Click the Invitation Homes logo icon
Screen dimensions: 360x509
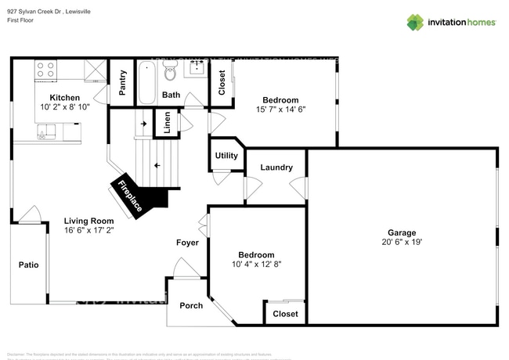click(x=414, y=23)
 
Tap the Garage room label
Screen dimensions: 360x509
click(x=402, y=232)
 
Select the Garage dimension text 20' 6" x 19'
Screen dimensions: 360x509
click(x=402, y=243)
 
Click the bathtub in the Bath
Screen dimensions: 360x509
click(x=146, y=82)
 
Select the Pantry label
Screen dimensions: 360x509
click(x=122, y=83)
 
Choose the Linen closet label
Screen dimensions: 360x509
click(x=166, y=122)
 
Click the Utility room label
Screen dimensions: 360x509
click(x=226, y=156)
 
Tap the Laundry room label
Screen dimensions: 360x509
click(x=276, y=167)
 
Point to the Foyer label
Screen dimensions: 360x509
click(x=187, y=243)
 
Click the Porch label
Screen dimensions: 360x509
click(x=191, y=305)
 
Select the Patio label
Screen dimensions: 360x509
click(x=28, y=265)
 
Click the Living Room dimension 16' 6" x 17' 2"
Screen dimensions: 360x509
click(x=88, y=232)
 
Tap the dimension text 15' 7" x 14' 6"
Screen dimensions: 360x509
click(x=280, y=110)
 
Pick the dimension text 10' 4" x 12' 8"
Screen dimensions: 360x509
click(x=257, y=265)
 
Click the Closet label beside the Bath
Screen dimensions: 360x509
click(x=222, y=83)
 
